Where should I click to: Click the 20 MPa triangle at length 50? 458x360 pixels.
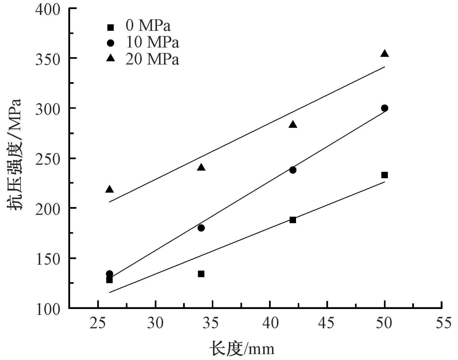tap(385, 54)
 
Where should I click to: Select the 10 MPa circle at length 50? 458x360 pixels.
tap(385, 108)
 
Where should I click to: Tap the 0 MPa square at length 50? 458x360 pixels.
tap(385, 175)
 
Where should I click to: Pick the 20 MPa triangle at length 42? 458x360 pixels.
tap(293, 124)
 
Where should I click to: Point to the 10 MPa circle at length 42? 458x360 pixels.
tap(293, 170)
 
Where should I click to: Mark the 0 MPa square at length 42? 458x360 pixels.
tap(293, 220)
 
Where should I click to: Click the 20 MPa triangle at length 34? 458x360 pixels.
tap(201, 167)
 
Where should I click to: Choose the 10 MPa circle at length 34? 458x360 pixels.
tap(201, 228)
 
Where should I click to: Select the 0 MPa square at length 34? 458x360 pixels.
tap(201, 274)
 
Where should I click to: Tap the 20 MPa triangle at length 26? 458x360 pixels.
tap(109, 189)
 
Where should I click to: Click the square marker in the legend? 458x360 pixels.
tap(110, 27)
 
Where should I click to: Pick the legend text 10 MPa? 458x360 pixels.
tap(152, 42)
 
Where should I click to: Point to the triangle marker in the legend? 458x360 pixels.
tap(110, 58)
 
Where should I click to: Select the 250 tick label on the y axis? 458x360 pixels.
tap(48, 160)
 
